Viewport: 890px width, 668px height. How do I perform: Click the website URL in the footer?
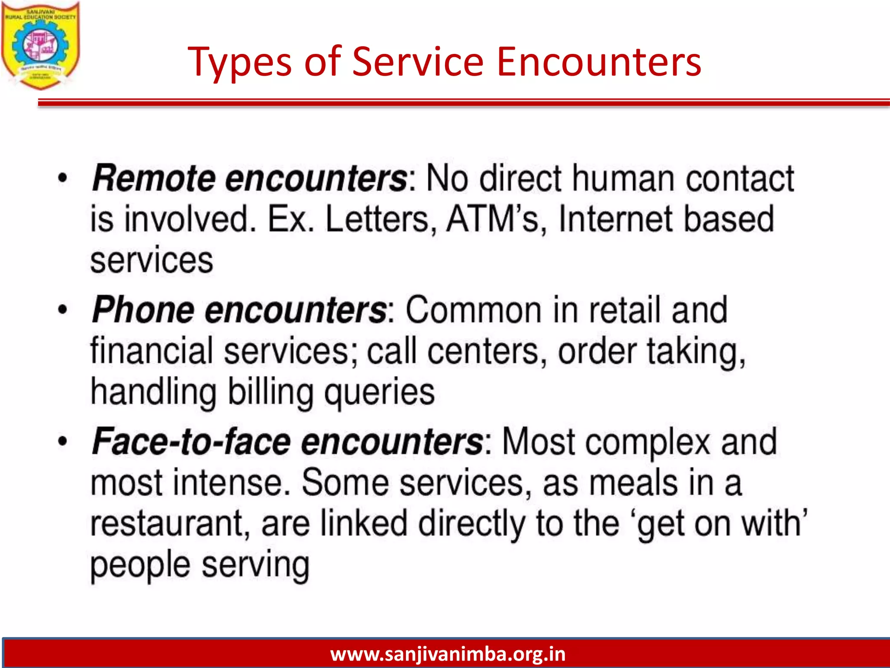(x=448, y=654)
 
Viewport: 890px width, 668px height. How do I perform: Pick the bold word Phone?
(x=143, y=310)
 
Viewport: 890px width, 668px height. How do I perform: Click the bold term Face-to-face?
(x=191, y=442)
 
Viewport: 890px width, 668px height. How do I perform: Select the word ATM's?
(x=493, y=219)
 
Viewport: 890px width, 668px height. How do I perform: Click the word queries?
(x=379, y=393)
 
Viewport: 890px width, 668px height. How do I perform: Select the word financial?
(x=152, y=351)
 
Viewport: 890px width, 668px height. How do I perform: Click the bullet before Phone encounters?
(x=63, y=310)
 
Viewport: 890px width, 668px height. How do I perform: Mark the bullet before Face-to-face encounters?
(x=63, y=441)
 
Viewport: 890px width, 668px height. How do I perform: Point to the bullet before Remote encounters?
(x=63, y=178)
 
